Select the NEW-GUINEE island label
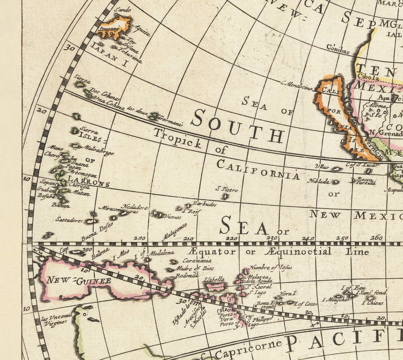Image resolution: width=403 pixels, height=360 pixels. tap(79, 281)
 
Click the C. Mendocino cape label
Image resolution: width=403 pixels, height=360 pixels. tap(296, 85)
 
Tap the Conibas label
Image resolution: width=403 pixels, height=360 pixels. tap(338, 49)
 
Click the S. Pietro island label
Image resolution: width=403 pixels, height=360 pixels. tap(227, 190)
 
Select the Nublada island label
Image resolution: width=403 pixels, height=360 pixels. tap(318, 181)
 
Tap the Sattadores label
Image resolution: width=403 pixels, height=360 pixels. tap(69, 220)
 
